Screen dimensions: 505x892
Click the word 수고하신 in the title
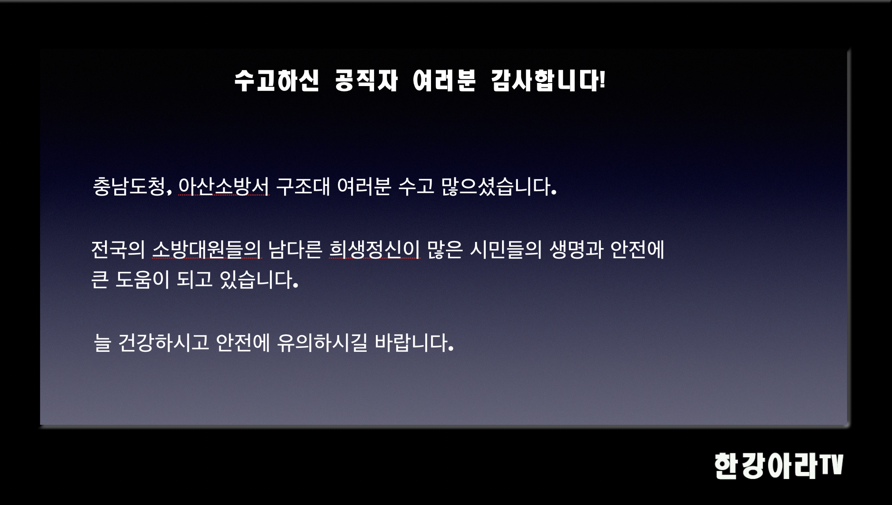276,81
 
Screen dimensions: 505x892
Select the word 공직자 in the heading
366,81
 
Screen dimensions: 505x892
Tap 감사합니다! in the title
547,81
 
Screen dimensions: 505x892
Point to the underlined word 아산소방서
223,186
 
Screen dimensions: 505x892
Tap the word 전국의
118,249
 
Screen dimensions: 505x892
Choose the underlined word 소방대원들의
207,249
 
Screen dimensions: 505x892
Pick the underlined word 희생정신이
375,249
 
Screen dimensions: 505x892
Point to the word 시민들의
506,249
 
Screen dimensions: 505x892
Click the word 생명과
576,249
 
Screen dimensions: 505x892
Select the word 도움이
142,279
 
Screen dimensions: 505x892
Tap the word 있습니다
258,279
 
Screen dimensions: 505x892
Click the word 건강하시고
164,343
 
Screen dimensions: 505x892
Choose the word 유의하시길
322,343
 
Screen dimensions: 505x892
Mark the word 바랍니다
413,343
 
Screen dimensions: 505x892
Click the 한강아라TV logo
778,466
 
